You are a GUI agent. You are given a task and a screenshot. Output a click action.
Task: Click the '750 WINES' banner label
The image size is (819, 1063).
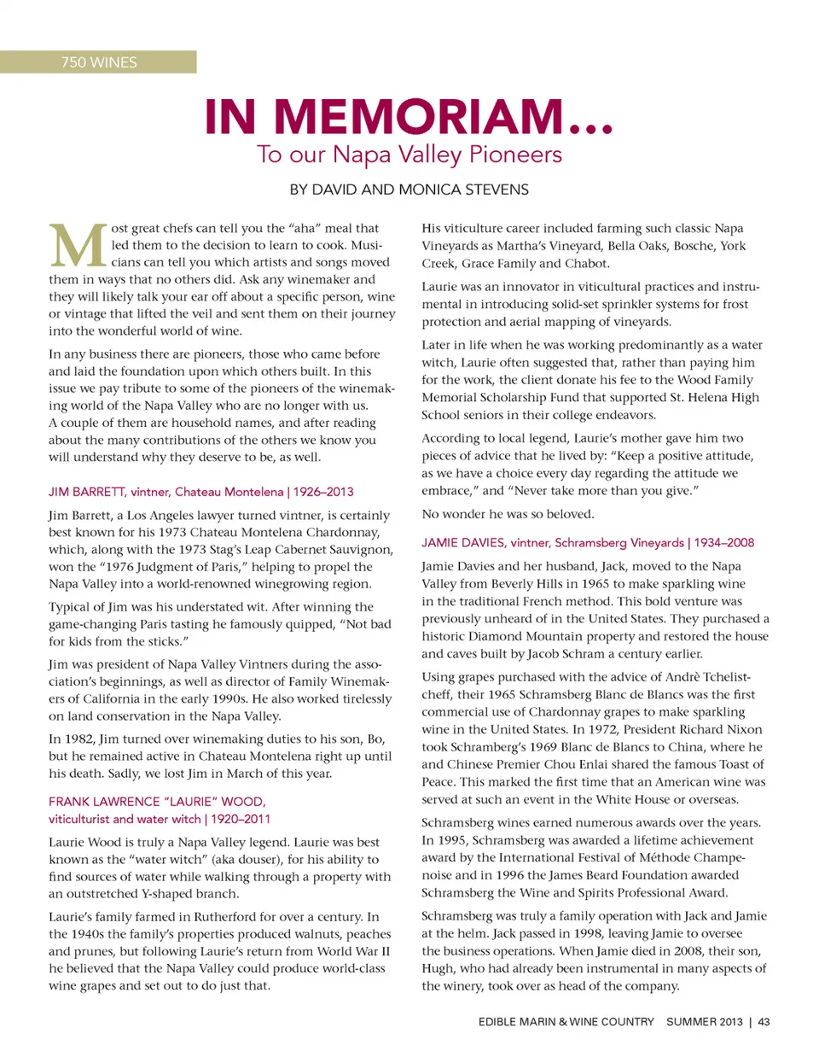tap(99, 62)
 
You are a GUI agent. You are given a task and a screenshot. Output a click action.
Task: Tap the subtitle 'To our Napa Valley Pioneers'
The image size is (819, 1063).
tap(409, 155)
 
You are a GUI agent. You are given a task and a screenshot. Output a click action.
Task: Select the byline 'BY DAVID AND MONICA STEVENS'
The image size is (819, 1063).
tap(409, 190)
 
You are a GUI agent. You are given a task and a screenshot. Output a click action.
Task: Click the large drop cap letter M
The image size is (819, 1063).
tap(78, 246)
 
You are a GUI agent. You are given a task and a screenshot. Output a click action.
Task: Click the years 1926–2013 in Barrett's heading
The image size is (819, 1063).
tap(323, 492)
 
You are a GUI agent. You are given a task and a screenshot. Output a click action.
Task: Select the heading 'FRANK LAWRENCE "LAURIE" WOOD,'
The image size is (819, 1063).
tap(157, 802)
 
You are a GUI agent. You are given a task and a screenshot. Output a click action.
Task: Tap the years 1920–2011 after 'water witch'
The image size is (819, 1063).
tap(241, 819)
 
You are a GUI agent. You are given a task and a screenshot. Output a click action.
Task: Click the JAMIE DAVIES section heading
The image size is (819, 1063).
tap(553, 542)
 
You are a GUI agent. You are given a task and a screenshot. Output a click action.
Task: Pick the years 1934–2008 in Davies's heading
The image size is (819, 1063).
tap(724, 542)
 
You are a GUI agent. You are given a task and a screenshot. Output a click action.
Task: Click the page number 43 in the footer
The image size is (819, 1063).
tap(764, 1022)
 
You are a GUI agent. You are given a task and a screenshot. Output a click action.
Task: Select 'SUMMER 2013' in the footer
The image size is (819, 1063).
tap(705, 1022)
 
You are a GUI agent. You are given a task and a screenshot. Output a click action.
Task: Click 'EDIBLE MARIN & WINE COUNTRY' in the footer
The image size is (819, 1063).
tap(566, 1022)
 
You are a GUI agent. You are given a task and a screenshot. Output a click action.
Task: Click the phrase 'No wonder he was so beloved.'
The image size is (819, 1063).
tap(508, 514)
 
